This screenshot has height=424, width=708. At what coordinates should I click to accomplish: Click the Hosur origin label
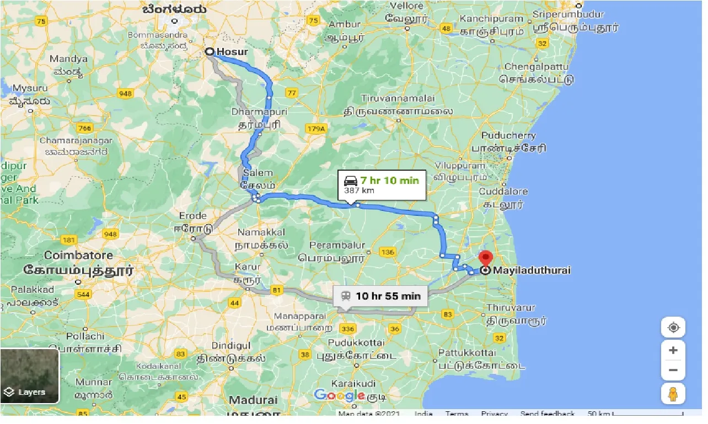pyautogui.click(x=232, y=52)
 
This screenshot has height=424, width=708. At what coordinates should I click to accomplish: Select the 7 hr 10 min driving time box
pyautogui.click(x=382, y=185)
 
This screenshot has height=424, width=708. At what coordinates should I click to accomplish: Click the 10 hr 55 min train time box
pyautogui.click(x=380, y=296)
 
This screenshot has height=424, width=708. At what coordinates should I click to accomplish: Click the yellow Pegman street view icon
pyautogui.click(x=673, y=394)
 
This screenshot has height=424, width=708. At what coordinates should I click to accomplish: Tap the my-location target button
pyautogui.click(x=673, y=328)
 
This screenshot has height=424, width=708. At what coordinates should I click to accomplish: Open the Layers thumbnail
pyautogui.click(x=30, y=376)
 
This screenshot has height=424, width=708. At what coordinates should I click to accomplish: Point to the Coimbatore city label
pyautogui.click(x=78, y=256)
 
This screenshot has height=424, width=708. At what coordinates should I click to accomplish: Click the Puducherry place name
pyautogui.click(x=508, y=135)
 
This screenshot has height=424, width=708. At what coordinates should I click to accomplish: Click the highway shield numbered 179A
pyautogui.click(x=316, y=128)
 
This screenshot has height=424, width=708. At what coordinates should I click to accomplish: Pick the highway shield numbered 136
pyautogui.click(x=388, y=252)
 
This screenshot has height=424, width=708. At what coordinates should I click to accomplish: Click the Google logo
pyautogui.click(x=339, y=395)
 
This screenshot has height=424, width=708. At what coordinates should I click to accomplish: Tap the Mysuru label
pyautogui.click(x=30, y=88)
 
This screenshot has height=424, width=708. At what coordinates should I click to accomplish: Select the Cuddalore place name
pyautogui.click(x=503, y=192)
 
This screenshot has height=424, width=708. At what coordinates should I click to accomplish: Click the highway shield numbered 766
pyautogui.click(x=84, y=128)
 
